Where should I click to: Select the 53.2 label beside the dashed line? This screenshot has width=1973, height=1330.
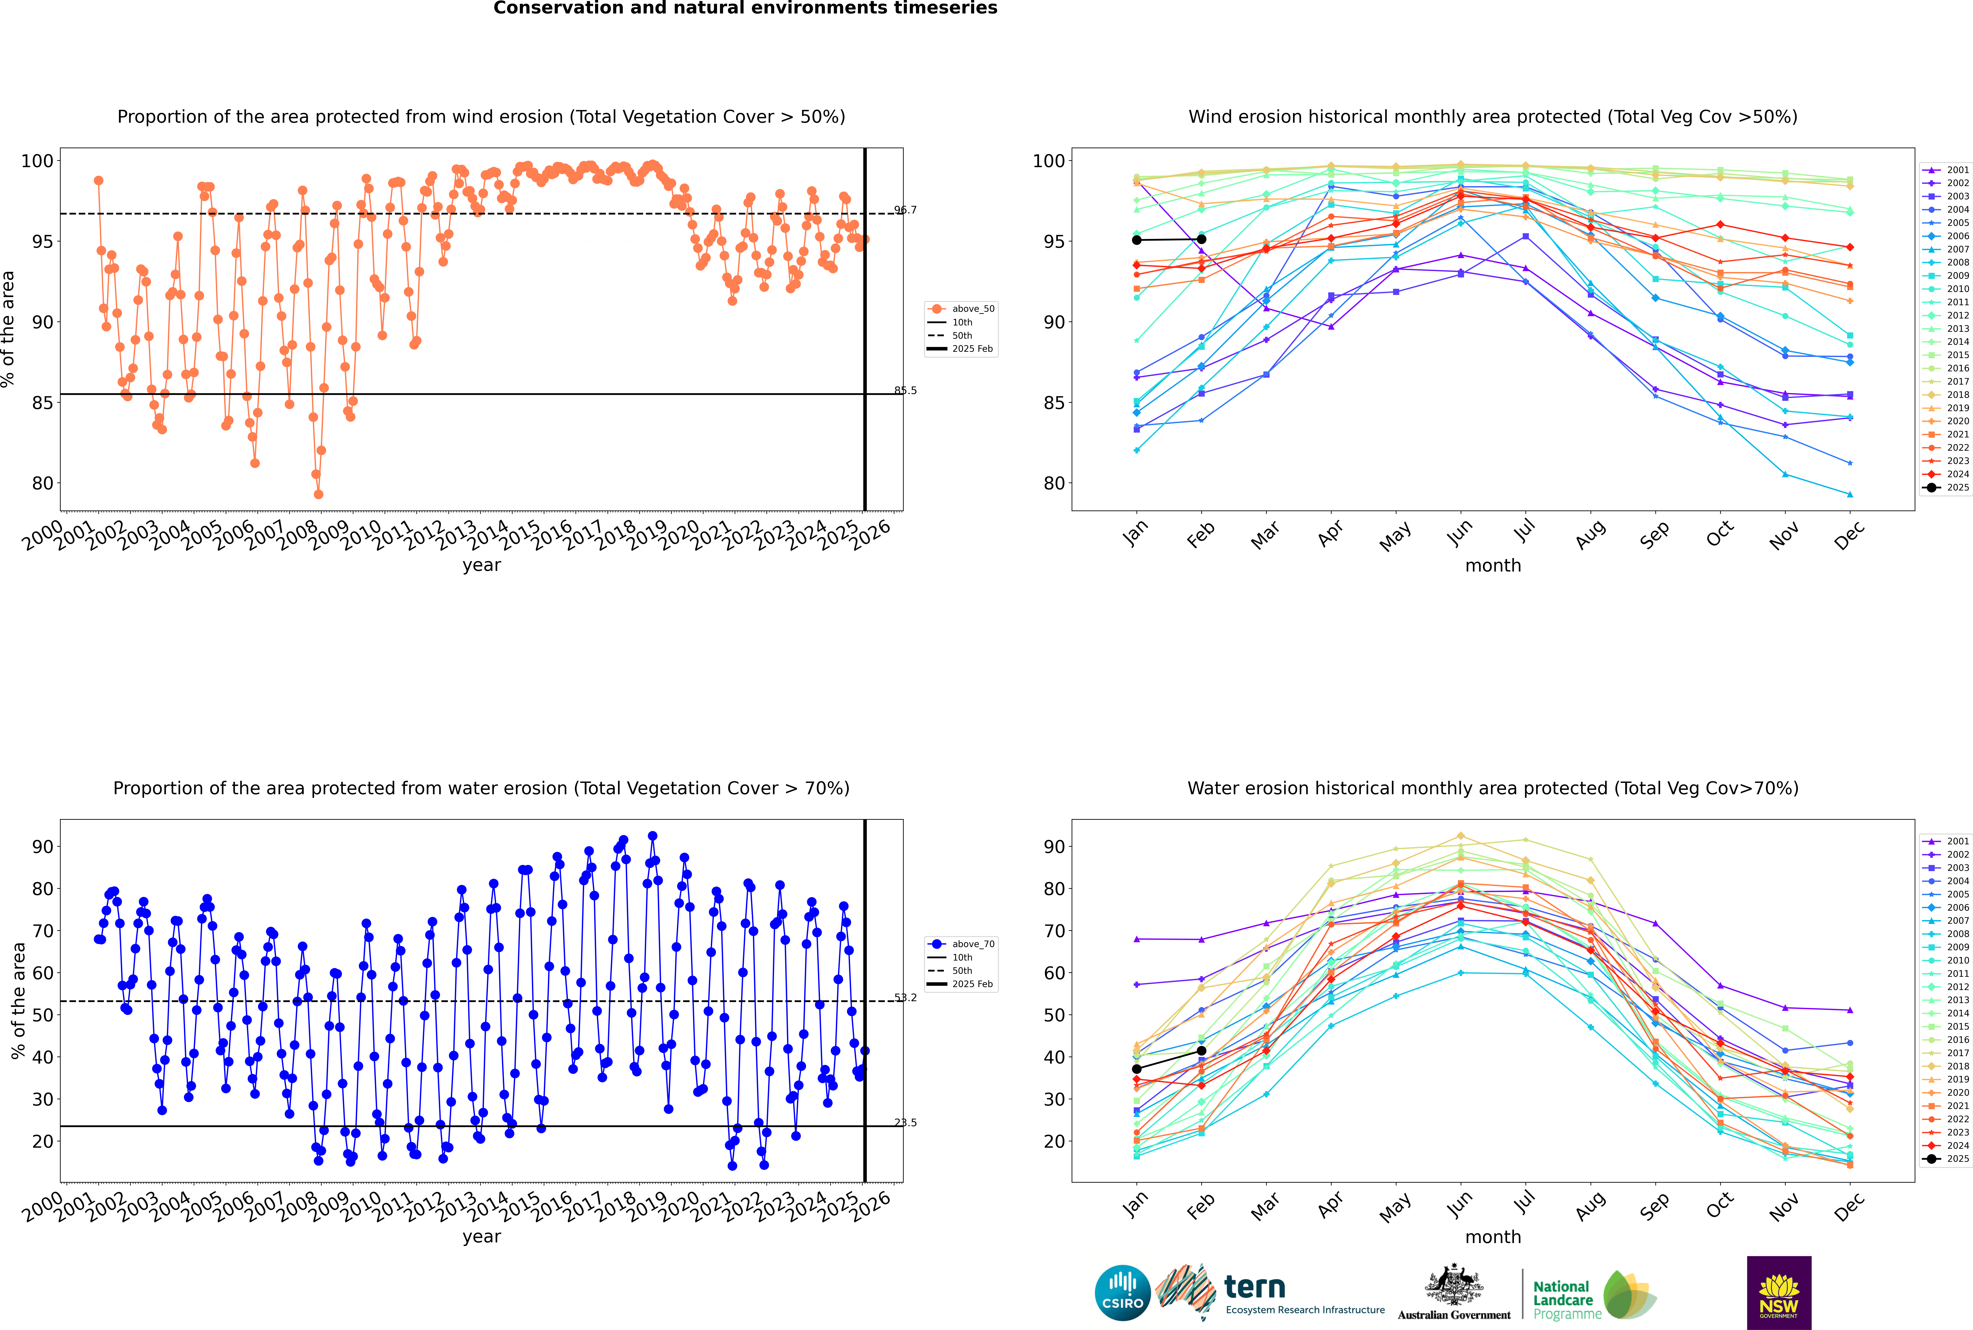(x=905, y=997)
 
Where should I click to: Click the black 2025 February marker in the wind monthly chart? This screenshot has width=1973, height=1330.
(x=1201, y=239)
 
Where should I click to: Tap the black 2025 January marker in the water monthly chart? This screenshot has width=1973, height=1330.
(x=1137, y=1069)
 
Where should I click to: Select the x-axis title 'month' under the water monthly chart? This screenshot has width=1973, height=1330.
(x=1493, y=1237)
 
